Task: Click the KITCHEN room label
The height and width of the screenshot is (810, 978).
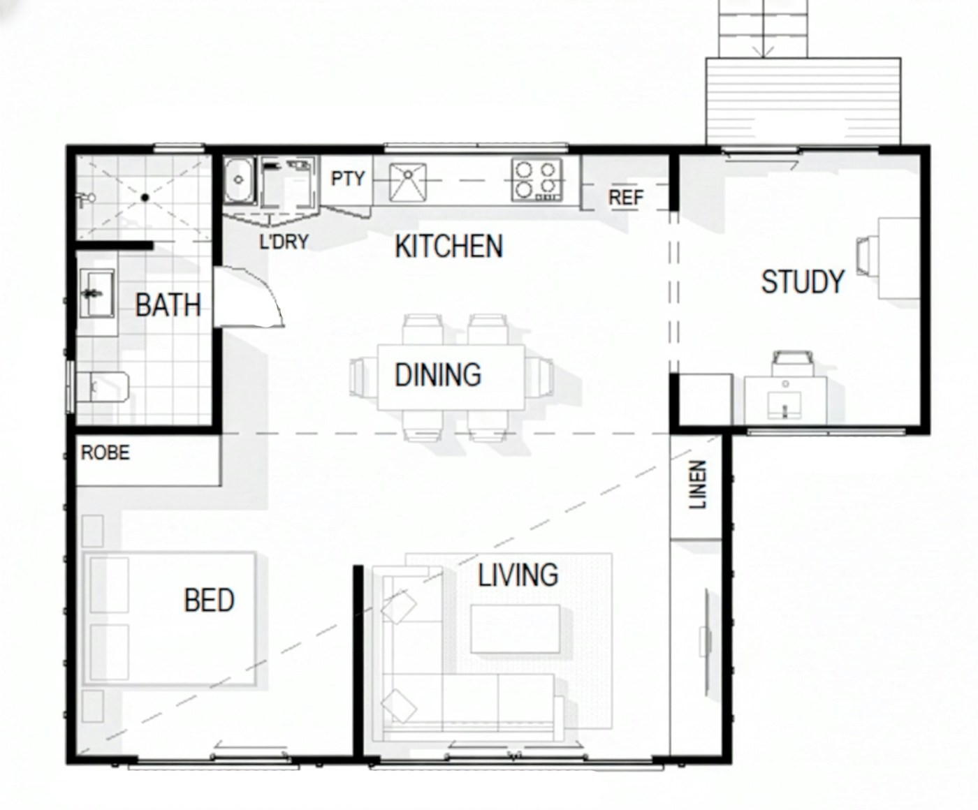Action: (x=448, y=246)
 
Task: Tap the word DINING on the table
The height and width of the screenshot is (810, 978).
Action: (x=438, y=375)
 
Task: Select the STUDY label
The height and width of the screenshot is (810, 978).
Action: (x=803, y=281)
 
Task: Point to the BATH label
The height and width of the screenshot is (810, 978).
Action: (x=168, y=305)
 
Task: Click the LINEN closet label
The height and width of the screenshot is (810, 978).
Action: (x=698, y=485)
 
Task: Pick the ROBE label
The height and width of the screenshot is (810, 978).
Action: (x=105, y=453)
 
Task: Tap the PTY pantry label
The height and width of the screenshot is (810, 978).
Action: (x=347, y=179)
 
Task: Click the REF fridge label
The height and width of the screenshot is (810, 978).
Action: (x=625, y=198)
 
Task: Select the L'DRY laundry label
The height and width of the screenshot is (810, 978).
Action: (x=284, y=242)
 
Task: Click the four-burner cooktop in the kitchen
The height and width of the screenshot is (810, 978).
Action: (x=537, y=180)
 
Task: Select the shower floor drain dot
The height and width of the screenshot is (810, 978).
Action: (x=145, y=198)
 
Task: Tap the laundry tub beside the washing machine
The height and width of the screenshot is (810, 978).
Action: (x=240, y=179)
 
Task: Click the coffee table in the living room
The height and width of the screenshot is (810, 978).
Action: (x=515, y=628)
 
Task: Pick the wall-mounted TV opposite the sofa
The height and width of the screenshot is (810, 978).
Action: (x=706, y=641)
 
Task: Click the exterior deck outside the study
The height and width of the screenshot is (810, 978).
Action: (x=803, y=101)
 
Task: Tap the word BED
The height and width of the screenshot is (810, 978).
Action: (x=209, y=601)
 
